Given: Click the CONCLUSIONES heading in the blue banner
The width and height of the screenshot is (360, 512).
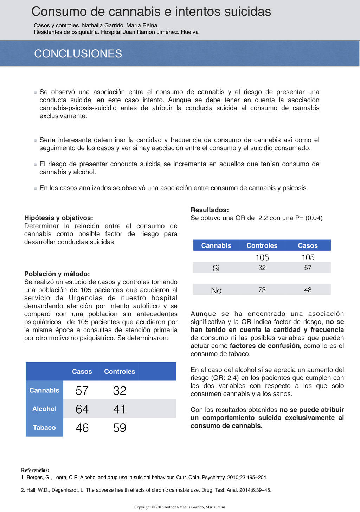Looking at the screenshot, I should click(x=78, y=53).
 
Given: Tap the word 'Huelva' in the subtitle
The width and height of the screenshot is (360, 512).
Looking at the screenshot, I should click(x=190, y=32).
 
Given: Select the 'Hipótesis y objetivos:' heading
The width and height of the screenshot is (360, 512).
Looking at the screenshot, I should click(x=59, y=218).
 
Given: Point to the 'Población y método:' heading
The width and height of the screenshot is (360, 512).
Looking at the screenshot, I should click(x=57, y=274).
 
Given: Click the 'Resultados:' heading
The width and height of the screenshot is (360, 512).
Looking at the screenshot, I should click(x=210, y=210).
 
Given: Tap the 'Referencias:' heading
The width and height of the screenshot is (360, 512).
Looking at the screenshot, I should click(x=35, y=470).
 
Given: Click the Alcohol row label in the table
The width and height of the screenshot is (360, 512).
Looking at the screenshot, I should click(x=44, y=409).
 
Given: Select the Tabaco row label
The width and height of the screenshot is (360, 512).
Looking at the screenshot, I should click(x=44, y=428).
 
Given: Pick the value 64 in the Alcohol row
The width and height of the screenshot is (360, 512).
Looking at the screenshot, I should click(x=82, y=409).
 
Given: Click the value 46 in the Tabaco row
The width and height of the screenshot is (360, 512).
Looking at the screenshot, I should click(x=82, y=428).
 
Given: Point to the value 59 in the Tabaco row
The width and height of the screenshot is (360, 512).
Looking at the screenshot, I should click(x=120, y=428).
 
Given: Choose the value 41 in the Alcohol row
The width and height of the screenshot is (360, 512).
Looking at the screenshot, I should click(x=120, y=409).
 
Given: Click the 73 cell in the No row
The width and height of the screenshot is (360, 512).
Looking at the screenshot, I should click(x=262, y=290).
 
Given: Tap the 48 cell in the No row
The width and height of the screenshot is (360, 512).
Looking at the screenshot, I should click(x=308, y=290).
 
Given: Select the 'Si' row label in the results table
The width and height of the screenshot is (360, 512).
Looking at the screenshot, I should click(x=216, y=268).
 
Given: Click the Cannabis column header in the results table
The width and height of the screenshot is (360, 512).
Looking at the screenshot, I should click(x=216, y=245).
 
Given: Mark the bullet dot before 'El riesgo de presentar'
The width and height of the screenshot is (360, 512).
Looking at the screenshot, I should click(x=36, y=164).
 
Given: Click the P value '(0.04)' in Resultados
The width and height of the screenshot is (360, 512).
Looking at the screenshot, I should click(x=314, y=218).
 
